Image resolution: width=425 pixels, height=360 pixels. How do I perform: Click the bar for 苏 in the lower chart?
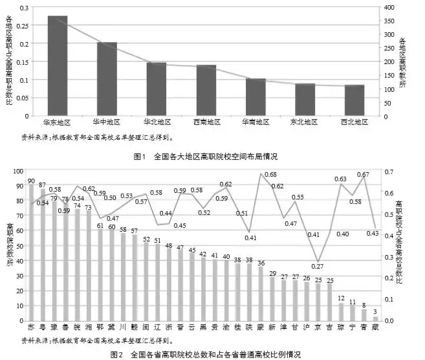[x=31, y=253]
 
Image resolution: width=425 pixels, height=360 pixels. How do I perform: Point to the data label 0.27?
[x=317, y=266]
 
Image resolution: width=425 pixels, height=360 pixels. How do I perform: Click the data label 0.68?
[x=270, y=175]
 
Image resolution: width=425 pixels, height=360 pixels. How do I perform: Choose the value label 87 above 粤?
[x=43, y=185]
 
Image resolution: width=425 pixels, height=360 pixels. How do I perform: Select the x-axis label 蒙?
[x=261, y=327]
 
